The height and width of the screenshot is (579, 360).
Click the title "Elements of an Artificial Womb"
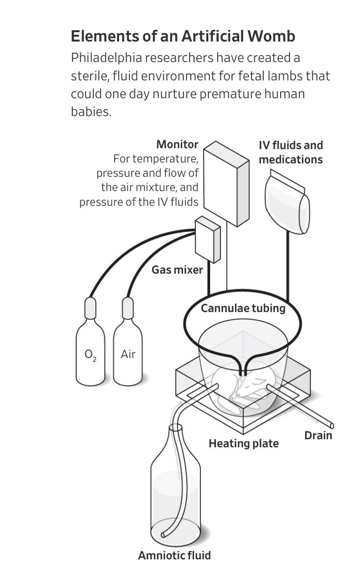point(183,36)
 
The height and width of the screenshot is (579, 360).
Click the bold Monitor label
point(177,145)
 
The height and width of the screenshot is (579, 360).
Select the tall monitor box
point(226,183)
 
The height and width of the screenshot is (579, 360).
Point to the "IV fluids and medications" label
point(290,152)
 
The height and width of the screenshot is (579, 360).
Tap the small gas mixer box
point(208,239)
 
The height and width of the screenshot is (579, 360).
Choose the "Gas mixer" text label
point(177,270)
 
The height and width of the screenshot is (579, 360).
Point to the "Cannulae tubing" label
point(243,308)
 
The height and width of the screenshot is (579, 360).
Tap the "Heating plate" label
point(244,443)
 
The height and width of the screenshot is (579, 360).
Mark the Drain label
point(318,435)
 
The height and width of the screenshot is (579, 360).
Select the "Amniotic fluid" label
point(174,555)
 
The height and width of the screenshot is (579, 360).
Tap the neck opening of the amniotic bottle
point(176,428)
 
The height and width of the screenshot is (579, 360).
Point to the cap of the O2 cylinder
point(90,308)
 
